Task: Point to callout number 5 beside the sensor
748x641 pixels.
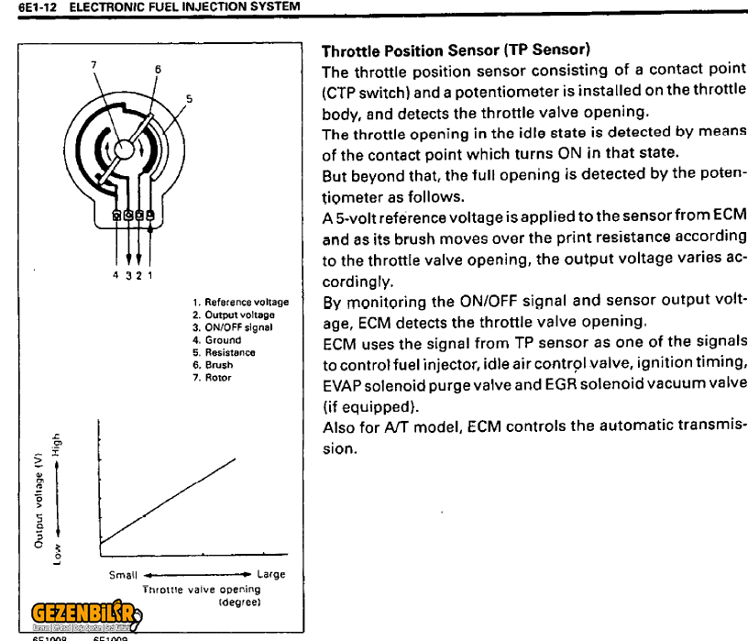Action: coord(189,98)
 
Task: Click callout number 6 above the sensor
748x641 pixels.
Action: coord(157,70)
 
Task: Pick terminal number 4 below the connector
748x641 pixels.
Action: coord(115,274)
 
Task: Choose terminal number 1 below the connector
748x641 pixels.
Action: coord(150,274)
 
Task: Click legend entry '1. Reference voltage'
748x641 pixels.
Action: coord(241,302)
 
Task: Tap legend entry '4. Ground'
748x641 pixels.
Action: coord(217,339)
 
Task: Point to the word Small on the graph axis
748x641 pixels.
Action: coord(123,575)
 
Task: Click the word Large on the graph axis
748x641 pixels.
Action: coord(270,575)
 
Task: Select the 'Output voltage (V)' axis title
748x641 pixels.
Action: coord(38,501)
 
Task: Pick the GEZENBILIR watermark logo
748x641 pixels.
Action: coord(82,613)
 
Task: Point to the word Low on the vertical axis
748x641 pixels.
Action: coord(58,554)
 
